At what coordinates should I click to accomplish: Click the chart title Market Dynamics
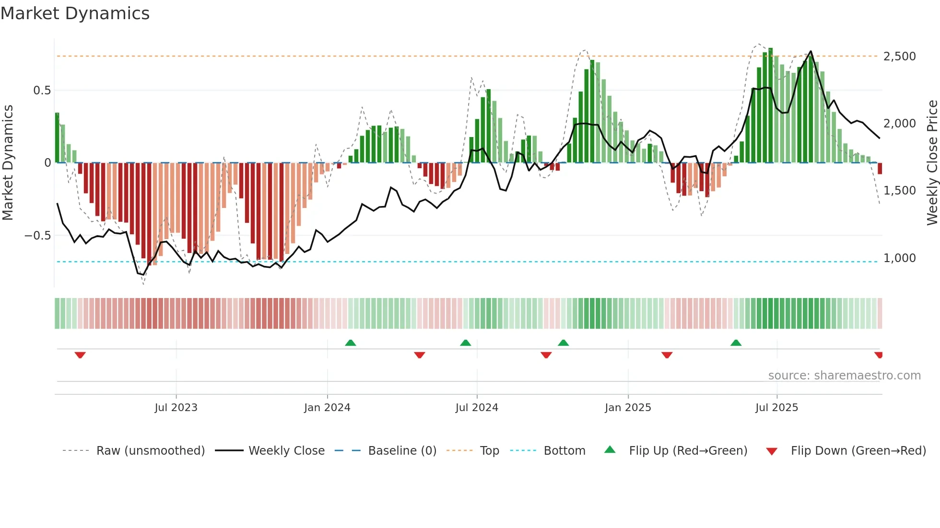pos(75,13)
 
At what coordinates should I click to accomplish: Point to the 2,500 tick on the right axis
pos(899,57)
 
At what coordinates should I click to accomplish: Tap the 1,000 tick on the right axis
pos(899,258)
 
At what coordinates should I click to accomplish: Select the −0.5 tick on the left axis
pos(37,236)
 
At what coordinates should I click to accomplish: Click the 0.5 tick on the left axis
pos(42,91)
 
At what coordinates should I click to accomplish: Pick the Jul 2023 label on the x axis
pos(176,408)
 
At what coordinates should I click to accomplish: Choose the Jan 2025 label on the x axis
pos(628,408)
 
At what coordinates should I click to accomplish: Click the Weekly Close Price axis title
pos(932,163)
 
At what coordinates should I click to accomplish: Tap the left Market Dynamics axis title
pos(8,163)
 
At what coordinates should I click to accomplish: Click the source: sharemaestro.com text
pos(844,376)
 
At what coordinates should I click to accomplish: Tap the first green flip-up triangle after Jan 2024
pos(351,343)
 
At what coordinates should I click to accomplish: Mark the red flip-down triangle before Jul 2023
pos(80,355)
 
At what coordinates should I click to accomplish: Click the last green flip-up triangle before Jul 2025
pos(736,343)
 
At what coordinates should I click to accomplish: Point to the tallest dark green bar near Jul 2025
pos(770,105)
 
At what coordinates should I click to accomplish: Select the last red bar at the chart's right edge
pos(880,168)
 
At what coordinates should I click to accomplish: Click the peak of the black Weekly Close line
pos(811,51)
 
